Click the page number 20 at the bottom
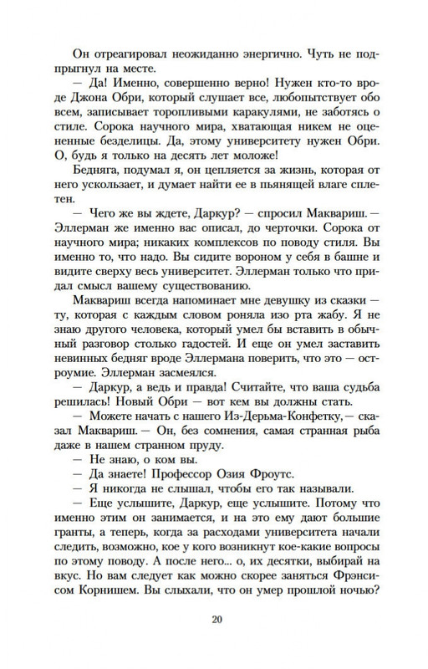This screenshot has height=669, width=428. click(215, 620)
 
